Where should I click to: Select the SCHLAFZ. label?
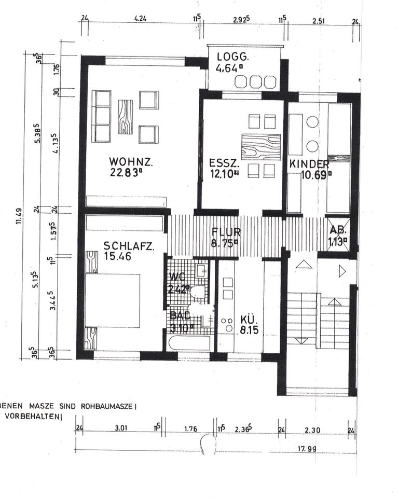(x=128, y=246)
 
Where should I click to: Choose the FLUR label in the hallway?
(x=224, y=231)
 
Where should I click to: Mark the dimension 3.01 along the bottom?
(x=120, y=428)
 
